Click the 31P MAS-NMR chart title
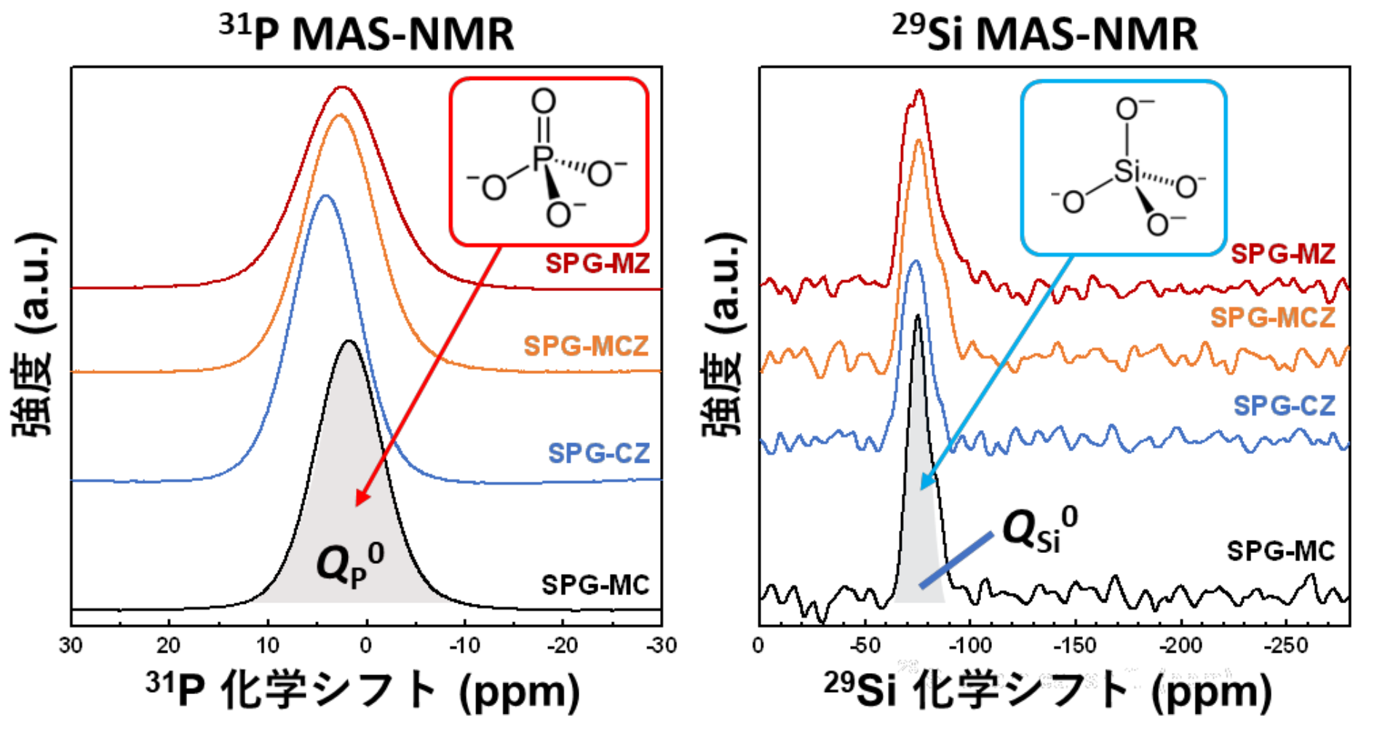tap(367, 33)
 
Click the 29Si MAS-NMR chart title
tap(1045, 33)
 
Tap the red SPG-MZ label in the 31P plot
tap(598, 263)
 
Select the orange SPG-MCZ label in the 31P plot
tap(586, 346)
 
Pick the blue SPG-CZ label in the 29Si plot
tap(1285, 405)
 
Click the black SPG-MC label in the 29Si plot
tap(1281, 551)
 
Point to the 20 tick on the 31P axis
tap(169, 645)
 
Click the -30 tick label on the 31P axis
tap(661, 645)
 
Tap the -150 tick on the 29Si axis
tap(1074, 645)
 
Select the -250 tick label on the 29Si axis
tap(1285, 645)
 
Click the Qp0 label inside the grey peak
tap(349, 564)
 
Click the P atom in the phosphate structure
tap(542, 158)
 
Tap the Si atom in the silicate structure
tap(1126, 171)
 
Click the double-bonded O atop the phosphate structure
tap(543, 101)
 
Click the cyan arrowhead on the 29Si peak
tap(926, 483)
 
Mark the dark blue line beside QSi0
tap(956, 560)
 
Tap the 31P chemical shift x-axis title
tap(362, 691)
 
